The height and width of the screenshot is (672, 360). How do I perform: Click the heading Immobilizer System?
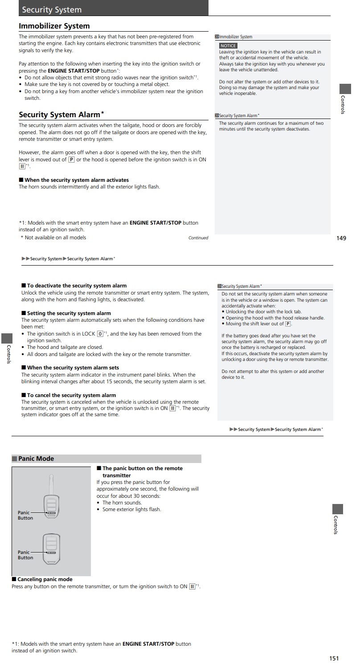point(54,26)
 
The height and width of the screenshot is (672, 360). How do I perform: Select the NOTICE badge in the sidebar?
point(228,46)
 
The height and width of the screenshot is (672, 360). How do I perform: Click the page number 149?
point(341,238)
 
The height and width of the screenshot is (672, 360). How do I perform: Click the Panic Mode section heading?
point(36,459)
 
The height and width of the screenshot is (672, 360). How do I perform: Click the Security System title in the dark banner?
point(52,9)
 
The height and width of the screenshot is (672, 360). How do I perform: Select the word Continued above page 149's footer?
point(198,238)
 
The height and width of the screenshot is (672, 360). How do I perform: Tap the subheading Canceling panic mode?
point(45,579)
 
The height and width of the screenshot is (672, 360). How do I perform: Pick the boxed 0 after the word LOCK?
point(100,334)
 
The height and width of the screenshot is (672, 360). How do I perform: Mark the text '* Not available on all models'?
point(53,238)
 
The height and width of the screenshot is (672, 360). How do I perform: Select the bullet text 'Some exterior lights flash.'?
point(131,509)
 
